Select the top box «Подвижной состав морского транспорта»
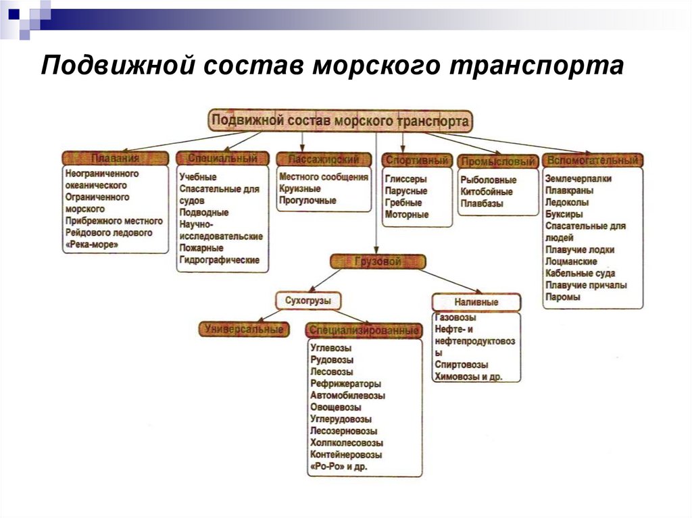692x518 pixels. coord(340,122)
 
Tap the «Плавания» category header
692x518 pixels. coord(115,158)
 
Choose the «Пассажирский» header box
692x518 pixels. coord(324,159)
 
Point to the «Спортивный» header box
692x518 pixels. coord(417,161)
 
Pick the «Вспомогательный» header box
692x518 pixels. coord(593,161)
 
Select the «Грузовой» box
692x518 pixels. coord(377,261)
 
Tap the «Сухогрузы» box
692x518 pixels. coord(307,300)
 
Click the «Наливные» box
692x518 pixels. coord(476,302)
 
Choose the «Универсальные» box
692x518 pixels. coord(244,330)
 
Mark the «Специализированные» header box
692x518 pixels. coord(364,331)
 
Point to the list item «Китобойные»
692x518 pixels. coord(487,192)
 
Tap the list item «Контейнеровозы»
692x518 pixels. coord(346,455)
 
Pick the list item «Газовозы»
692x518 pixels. coord(455,317)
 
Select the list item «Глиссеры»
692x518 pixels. coord(405,180)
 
